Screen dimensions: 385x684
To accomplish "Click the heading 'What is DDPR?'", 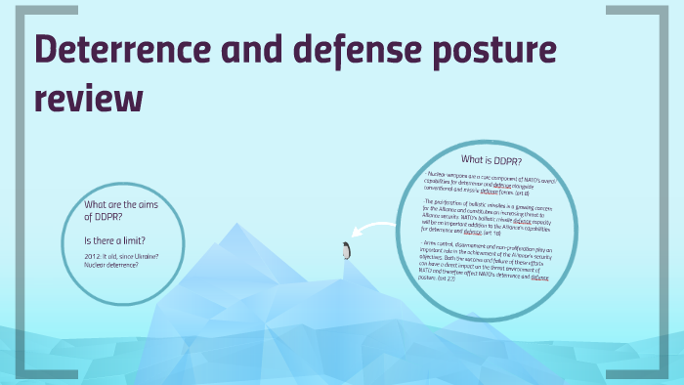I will [x=492, y=160].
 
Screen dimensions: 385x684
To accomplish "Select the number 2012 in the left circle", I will [x=96, y=256].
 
